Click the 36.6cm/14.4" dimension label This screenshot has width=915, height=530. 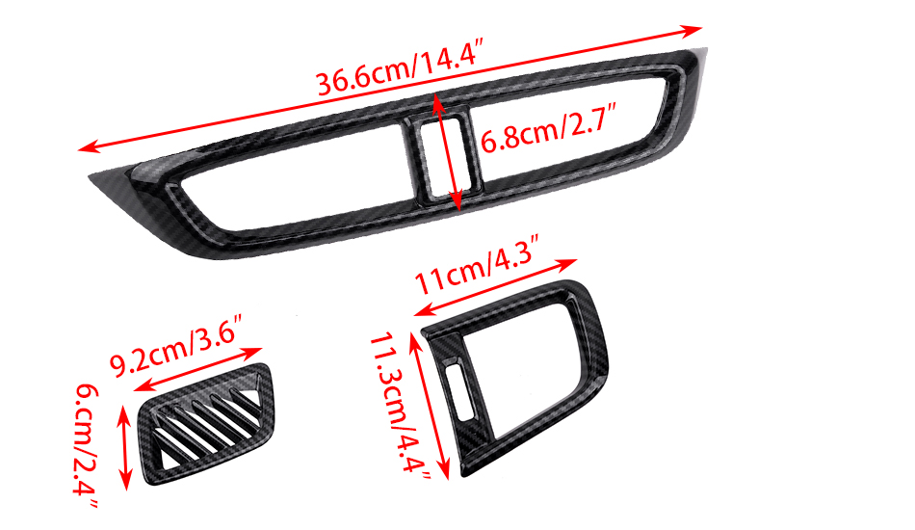(401, 67)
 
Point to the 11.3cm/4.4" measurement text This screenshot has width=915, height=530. (401, 407)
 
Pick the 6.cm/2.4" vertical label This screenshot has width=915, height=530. (87, 447)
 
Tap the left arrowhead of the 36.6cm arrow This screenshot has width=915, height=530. (88, 147)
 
